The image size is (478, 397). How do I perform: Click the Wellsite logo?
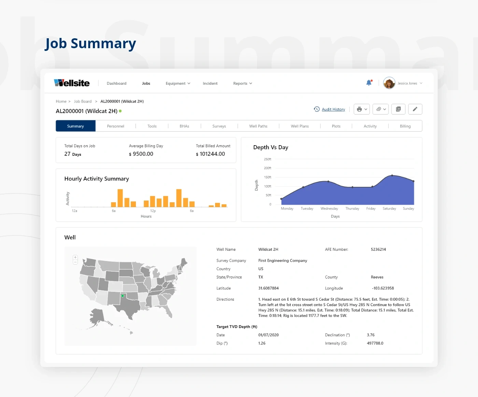[72, 83]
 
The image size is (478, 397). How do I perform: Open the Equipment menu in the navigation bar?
[178, 83]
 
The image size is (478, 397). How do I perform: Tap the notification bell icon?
[369, 83]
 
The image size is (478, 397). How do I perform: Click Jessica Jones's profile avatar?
[389, 83]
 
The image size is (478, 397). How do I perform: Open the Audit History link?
[333, 109]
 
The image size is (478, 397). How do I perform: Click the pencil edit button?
[415, 109]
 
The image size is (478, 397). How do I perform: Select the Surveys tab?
[219, 126]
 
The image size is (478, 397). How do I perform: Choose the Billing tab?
[405, 126]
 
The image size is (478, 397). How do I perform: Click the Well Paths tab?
[258, 126]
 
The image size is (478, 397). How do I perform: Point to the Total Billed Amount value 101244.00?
[212, 154]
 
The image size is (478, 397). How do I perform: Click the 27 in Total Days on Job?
[67, 154]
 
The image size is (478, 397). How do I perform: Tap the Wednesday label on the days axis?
[329, 208]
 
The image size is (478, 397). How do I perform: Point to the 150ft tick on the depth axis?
[268, 177]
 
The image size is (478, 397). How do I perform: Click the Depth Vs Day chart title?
[271, 147]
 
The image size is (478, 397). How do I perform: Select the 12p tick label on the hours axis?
[153, 211]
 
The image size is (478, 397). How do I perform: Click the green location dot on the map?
[123, 296]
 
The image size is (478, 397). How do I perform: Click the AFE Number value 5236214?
[378, 249]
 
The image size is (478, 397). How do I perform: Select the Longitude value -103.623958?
[383, 288]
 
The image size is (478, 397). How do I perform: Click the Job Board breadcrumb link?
[83, 101]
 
